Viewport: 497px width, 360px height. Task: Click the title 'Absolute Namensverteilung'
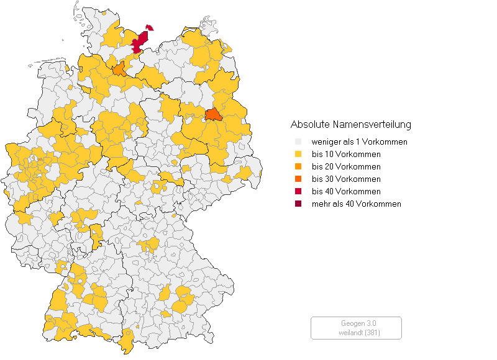click(350, 124)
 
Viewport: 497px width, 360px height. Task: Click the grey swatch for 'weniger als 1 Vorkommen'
click(298, 142)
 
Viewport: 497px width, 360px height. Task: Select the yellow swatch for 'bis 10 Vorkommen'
click(298, 154)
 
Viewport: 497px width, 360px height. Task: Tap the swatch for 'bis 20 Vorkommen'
click(298, 166)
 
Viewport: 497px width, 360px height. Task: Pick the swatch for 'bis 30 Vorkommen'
click(298, 179)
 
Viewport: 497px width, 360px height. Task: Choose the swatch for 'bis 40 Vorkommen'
click(298, 191)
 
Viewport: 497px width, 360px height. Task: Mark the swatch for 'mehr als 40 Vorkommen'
click(298, 204)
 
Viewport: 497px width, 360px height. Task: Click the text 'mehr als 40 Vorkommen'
click(356, 204)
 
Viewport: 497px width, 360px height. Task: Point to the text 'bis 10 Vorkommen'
click(346, 154)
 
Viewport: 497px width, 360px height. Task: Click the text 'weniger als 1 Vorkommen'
click(359, 142)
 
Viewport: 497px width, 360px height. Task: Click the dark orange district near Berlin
click(212, 115)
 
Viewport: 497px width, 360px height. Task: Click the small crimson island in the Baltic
click(150, 27)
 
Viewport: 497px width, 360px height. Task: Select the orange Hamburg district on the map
click(119, 69)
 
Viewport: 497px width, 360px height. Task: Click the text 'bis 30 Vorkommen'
click(346, 179)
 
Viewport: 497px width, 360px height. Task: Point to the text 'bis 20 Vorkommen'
click(346, 166)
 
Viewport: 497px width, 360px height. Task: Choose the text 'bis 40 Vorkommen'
click(346, 191)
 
